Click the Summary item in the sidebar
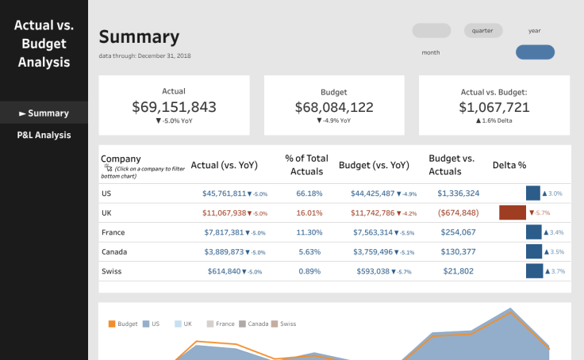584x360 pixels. [x=44, y=113]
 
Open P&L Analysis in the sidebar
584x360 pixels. [x=44, y=136]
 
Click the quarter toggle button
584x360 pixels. [x=483, y=31]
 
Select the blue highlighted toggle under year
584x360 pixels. [x=535, y=53]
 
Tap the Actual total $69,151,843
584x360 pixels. [x=174, y=107]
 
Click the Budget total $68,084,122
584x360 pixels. [x=334, y=107]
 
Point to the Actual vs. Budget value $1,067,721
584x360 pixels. [x=494, y=107]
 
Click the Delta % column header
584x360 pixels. [x=509, y=166]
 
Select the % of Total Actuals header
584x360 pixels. [x=306, y=165]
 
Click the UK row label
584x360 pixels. [x=106, y=213]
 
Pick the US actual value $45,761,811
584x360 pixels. [x=224, y=193]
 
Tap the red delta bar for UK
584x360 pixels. [x=513, y=213]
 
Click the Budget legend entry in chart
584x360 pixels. [x=123, y=324]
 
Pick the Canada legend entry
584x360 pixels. [x=253, y=324]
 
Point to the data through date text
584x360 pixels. [x=144, y=56]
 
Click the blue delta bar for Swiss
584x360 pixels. [x=533, y=271]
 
